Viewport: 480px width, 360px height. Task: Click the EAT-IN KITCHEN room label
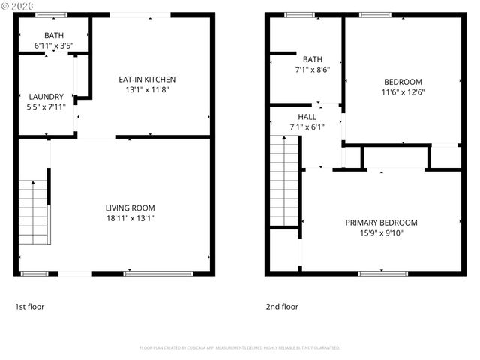pyautogui.click(x=147, y=79)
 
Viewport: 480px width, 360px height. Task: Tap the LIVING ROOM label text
pyautogui.click(x=130, y=208)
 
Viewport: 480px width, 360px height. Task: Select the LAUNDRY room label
pyautogui.click(x=46, y=96)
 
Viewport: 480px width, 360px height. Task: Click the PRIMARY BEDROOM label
pyautogui.click(x=381, y=223)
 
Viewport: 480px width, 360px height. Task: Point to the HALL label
pyautogui.click(x=307, y=118)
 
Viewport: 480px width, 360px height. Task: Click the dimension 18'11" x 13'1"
pyautogui.click(x=130, y=218)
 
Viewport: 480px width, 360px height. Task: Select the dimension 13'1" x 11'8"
pyautogui.click(x=147, y=90)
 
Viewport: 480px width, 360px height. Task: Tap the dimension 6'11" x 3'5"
pyautogui.click(x=54, y=46)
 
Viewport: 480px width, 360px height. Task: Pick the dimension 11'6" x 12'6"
pyautogui.click(x=403, y=92)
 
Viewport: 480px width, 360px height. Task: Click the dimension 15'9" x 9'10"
pyautogui.click(x=381, y=233)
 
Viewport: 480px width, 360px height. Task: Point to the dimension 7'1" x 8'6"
pyautogui.click(x=312, y=70)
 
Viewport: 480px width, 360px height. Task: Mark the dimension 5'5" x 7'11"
pyautogui.click(x=46, y=106)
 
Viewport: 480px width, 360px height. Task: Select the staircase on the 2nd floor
pyautogui.click(x=284, y=184)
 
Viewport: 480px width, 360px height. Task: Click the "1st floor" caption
pyautogui.click(x=31, y=307)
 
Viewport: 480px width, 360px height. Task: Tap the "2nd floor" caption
pyautogui.click(x=282, y=307)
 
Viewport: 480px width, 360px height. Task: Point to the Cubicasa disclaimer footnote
pyautogui.click(x=240, y=348)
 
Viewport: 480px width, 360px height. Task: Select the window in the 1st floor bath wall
pyautogui.click(x=50, y=15)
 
